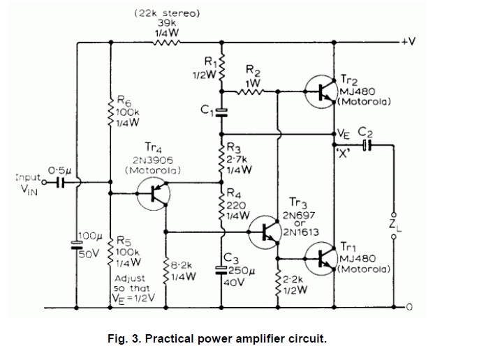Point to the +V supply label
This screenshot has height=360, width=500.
[408, 41]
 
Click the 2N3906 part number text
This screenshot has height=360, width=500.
[153, 159]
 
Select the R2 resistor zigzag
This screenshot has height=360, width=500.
[253, 91]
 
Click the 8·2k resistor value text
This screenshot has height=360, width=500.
[181, 265]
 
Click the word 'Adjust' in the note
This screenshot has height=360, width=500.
[129, 278]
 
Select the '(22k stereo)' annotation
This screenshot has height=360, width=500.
[166, 13]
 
